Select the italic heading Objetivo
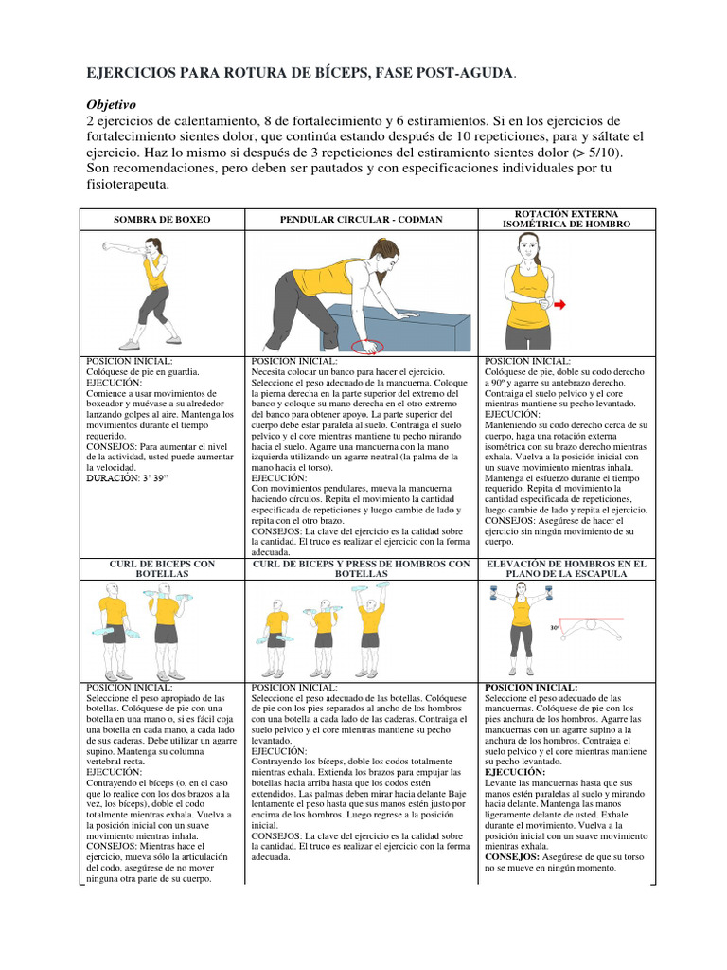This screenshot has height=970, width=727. pos(113,104)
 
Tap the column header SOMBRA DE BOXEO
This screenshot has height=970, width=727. pos(162,220)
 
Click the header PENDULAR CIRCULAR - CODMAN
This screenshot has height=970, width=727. pos(361,220)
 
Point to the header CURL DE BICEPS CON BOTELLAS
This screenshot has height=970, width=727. pos(162,568)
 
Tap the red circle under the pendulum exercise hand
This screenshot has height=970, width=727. pos(366,347)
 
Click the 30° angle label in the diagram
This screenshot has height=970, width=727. pos(555,628)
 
